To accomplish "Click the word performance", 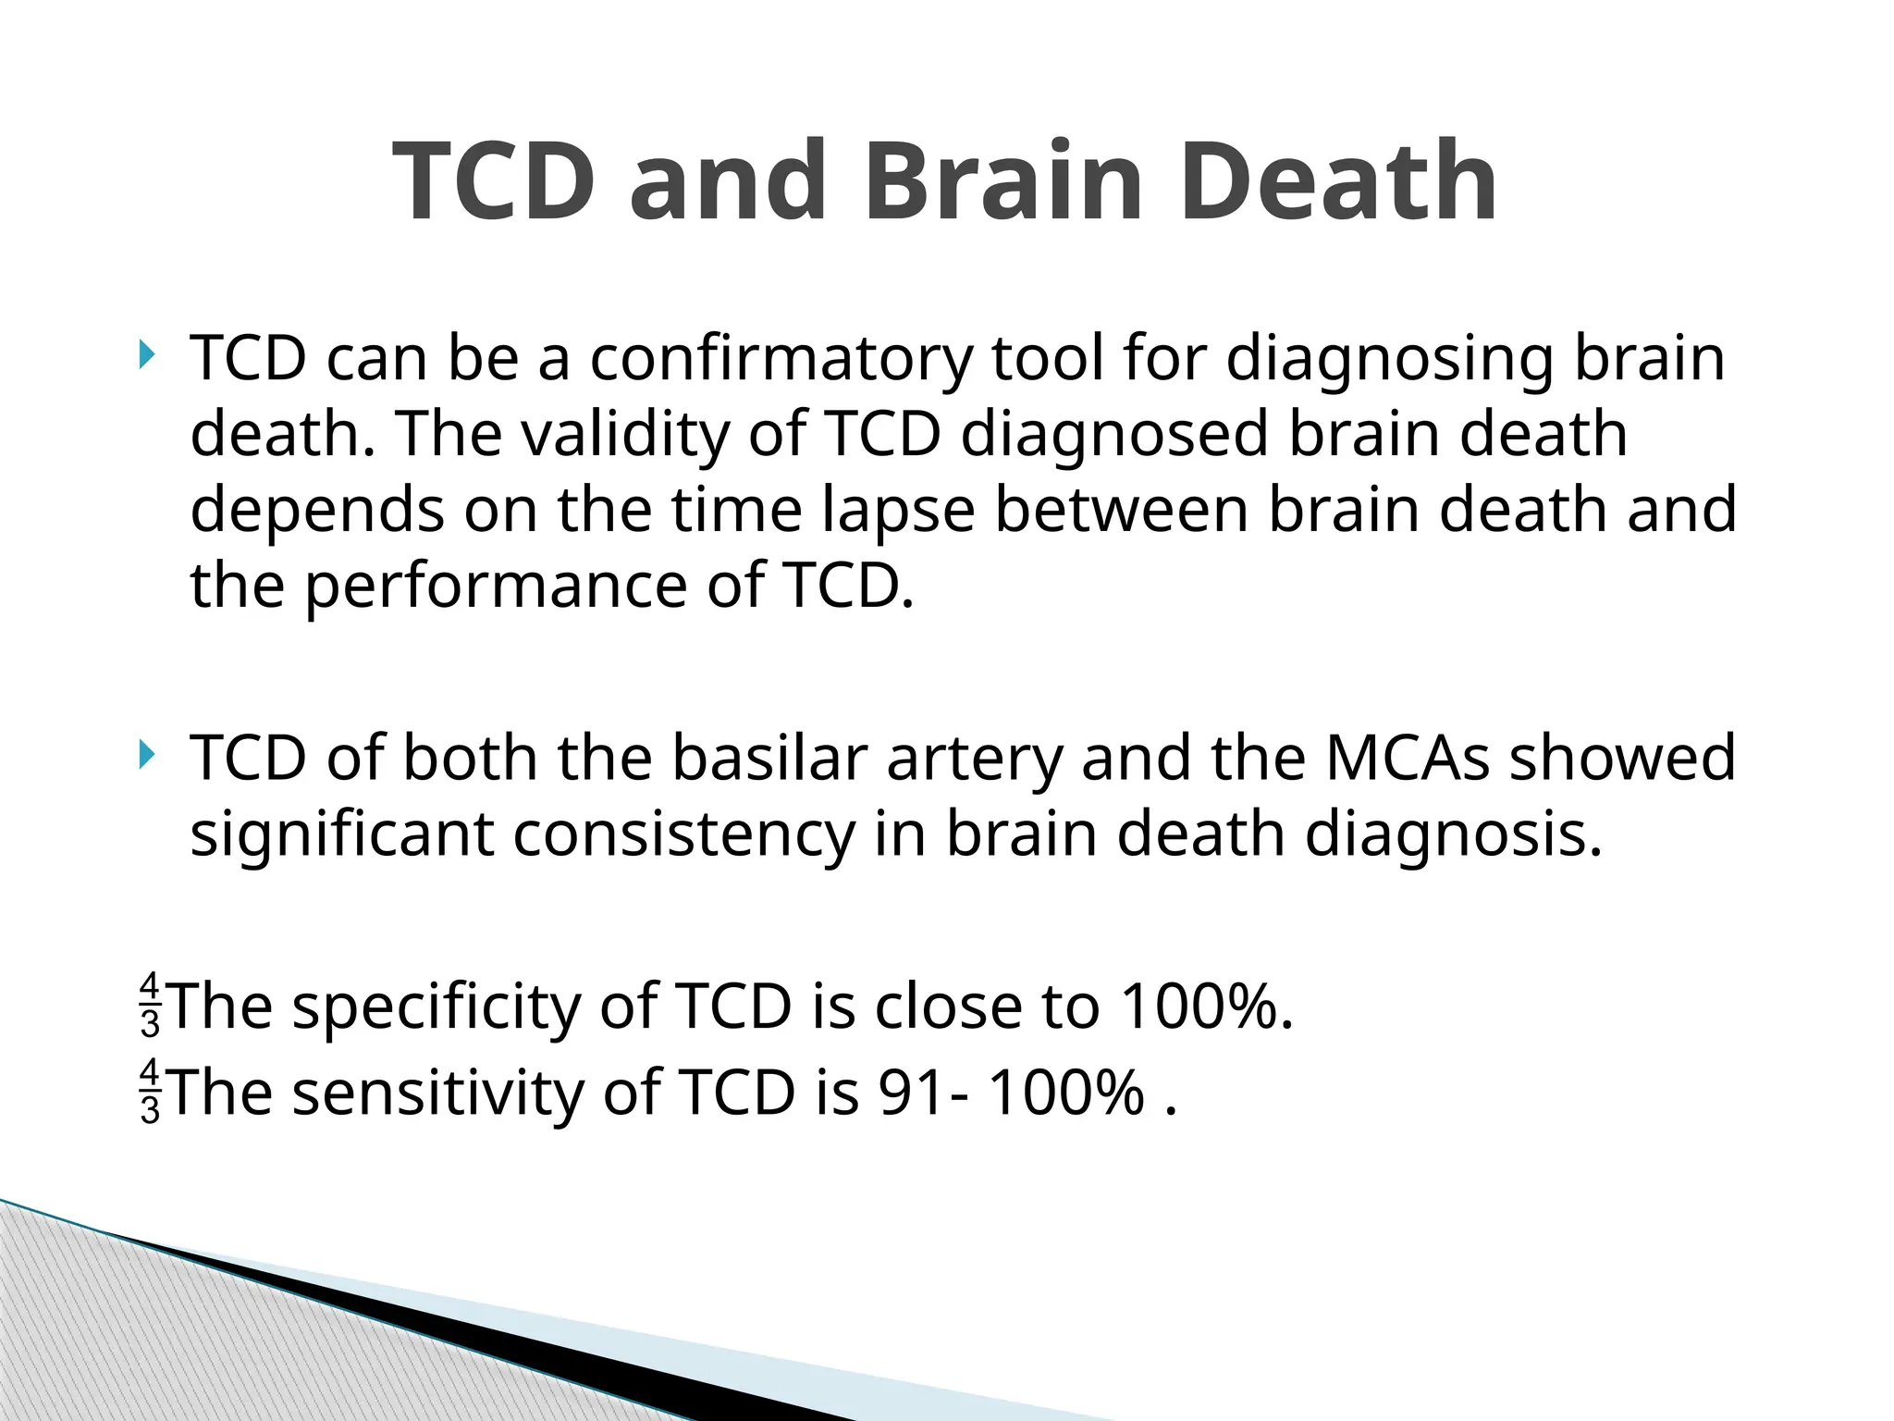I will [497, 587].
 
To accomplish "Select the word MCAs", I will [1407, 758].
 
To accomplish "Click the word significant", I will [341, 834].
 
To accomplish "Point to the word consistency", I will [684, 834].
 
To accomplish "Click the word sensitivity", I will [438, 1093].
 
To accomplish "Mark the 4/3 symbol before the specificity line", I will [150, 1005].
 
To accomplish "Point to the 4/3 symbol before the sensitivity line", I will [150, 1092].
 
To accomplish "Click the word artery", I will [975, 758].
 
